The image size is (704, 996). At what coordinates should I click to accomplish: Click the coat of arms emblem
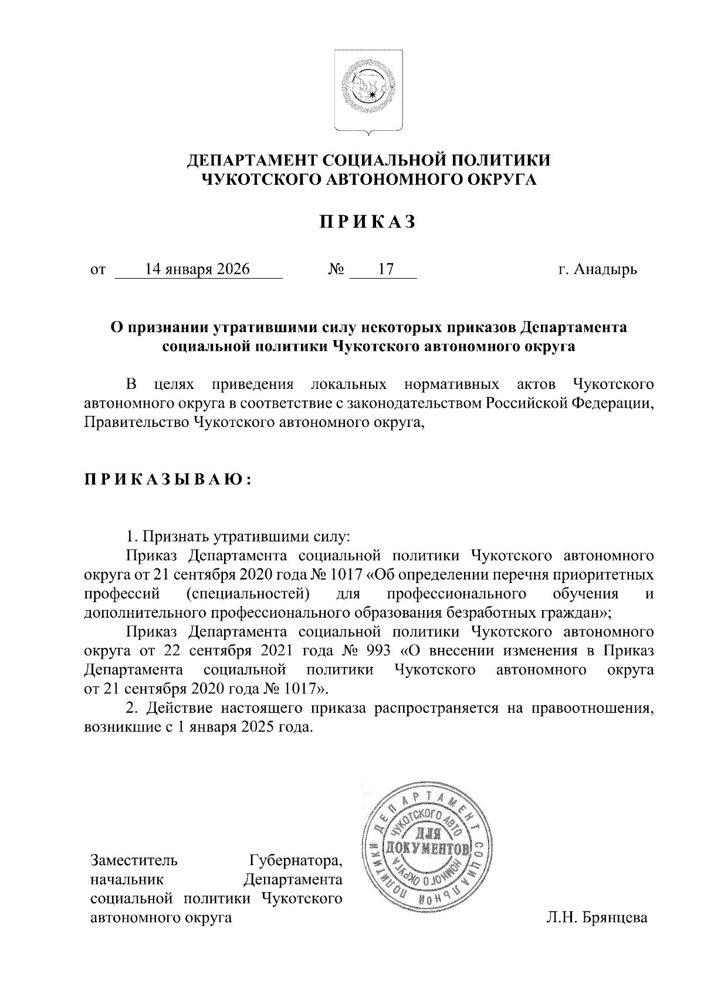(368, 92)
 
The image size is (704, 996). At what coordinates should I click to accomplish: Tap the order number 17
(385, 269)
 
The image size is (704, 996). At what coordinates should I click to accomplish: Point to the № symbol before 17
(336, 270)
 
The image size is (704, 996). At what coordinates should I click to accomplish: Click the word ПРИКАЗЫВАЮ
(168, 480)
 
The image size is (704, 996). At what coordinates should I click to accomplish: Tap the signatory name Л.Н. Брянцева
(597, 917)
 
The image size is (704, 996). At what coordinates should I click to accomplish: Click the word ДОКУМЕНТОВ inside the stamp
(426, 848)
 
